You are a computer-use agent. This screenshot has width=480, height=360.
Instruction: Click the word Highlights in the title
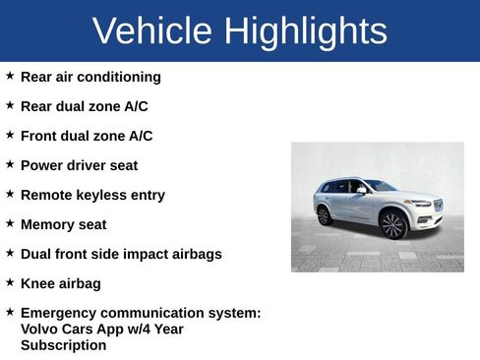(x=306, y=32)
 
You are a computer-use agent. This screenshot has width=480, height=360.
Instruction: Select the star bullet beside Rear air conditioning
(x=10, y=75)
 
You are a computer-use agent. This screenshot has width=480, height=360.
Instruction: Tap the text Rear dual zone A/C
(x=84, y=106)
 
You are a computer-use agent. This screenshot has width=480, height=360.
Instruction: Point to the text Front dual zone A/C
(x=87, y=136)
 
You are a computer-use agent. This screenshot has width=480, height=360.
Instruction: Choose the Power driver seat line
(x=79, y=165)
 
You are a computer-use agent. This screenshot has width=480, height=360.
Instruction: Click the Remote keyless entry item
(x=92, y=195)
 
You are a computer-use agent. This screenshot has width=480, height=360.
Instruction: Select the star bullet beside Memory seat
(x=10, y=222)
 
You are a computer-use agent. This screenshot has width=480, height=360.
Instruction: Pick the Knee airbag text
(x=60, y=283)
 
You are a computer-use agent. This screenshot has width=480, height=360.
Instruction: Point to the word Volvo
(x=40, y=330)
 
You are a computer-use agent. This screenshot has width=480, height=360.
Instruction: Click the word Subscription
(x=63, y=345)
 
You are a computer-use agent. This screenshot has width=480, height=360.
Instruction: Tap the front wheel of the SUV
(x=393, y=225)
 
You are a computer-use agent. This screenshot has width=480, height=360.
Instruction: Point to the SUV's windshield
(x=380, y=186)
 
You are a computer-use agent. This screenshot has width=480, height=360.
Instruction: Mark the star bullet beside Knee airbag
(x=10, y=281)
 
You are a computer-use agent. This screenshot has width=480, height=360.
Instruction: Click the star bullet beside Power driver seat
(x=10, y=163)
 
